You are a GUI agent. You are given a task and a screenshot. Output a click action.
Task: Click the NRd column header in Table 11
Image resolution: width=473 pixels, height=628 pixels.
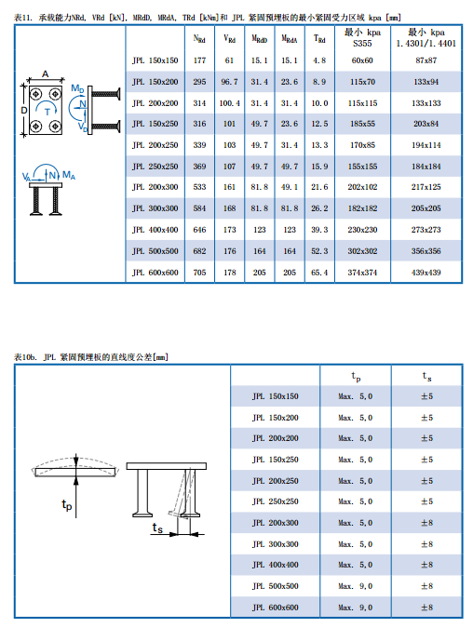coord(199,39)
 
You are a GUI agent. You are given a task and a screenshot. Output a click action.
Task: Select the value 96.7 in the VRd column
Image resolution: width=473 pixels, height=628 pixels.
coord(229,82)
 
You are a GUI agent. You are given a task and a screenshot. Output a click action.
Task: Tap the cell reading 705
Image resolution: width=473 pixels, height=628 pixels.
coord(199,273)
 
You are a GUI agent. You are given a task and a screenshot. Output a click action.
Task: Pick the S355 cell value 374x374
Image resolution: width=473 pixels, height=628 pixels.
coord(362,273)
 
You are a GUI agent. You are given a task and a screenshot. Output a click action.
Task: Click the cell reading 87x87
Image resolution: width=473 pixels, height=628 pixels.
coord(426,60)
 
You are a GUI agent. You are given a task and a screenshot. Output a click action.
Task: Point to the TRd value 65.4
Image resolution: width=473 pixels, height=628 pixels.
coord(319,273)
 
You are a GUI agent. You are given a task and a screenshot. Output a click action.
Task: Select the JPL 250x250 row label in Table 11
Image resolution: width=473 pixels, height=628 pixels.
coord(155,167)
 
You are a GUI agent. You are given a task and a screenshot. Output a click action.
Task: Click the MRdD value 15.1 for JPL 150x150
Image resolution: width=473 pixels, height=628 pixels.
coord(260,60)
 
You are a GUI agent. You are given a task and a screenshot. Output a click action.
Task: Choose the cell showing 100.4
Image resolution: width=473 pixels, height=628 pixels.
coord(229,103)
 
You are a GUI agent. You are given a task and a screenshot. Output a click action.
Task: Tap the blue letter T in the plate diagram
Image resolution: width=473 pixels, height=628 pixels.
coord(47,113)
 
